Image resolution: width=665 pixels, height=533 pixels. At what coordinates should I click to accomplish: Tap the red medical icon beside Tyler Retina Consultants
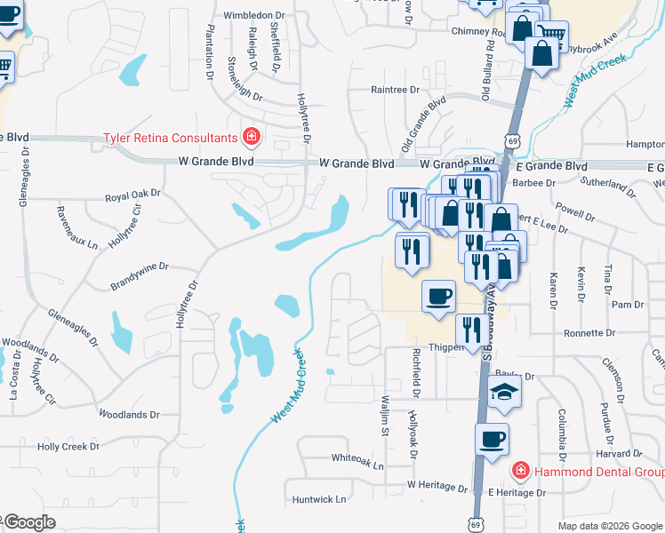[252, 137]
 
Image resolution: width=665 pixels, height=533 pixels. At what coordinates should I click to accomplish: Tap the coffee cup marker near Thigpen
[437, 297]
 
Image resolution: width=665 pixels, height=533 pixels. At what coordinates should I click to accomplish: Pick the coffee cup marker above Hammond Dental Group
[492, 439]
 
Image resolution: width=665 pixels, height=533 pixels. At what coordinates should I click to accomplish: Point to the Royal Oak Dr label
[132, 193]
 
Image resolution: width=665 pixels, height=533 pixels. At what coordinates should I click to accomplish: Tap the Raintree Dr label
[395, 90]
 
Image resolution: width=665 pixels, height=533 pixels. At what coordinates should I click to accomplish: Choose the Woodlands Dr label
[129, 414]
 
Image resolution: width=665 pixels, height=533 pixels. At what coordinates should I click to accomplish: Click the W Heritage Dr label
[437, 487]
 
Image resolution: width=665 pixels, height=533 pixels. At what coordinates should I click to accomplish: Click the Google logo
[28, 522]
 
